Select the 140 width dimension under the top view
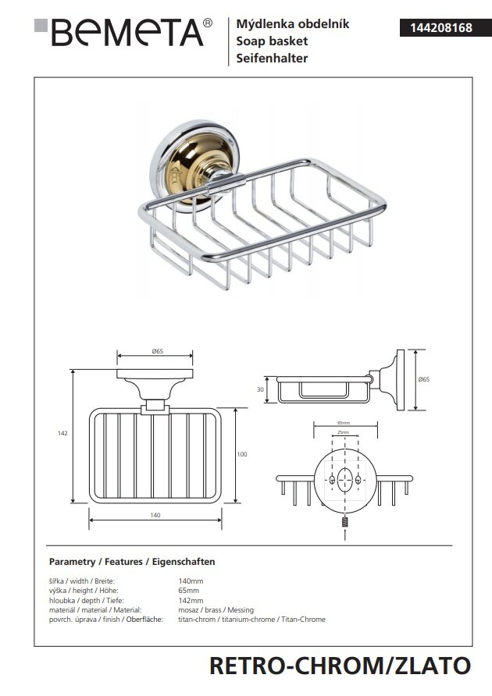coord(155,515)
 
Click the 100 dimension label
coord(242,453)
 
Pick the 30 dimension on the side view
coord(261,389)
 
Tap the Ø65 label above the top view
coord(156,352)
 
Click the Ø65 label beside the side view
coord(424,378)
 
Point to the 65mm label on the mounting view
coord(342,424)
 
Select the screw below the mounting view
coord(343,524)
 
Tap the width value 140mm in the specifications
coord(191,581)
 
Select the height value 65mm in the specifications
coord(189,591)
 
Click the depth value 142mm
coord(191,600)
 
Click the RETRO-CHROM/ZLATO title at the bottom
coord(340,666)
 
